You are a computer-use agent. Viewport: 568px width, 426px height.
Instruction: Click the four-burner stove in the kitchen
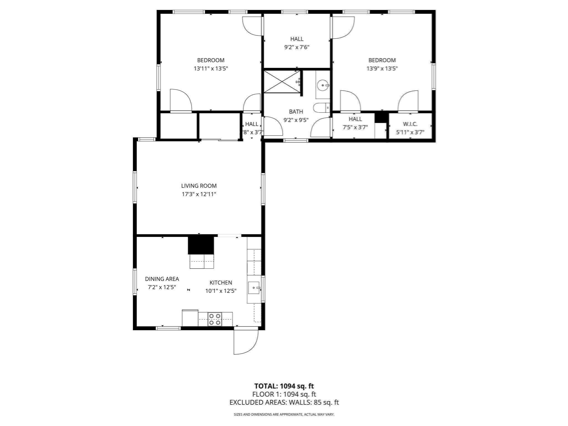pyautogui.click(x=215, y=319)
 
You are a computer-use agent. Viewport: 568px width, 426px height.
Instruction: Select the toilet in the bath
pyautogui.click(x=321, y=108)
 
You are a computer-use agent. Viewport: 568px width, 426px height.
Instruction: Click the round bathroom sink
pyautogui.click(x=323, y=85)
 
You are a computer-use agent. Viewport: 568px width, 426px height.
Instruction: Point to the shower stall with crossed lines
pyautogui.click(x=282, y=82)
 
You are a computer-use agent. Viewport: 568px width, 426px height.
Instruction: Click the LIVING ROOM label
pyautogui.click(x=199, y=186)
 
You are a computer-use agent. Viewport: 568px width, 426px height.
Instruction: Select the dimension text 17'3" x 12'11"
pyautogui.click(x=199, y=194)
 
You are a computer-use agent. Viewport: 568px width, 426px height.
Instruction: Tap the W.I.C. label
pyautogui.click(x=410, y=124)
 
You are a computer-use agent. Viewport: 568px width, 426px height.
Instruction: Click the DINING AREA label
pyautogui.click(x=162, y=279)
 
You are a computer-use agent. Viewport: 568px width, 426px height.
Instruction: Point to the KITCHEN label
pyautogui.click(x=221, y=283)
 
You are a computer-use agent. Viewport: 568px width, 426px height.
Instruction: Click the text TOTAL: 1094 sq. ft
pyautogui.click(x=284, y=386)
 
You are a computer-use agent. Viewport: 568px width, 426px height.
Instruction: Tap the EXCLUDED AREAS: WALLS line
pyautogui.click(x=284, y=402)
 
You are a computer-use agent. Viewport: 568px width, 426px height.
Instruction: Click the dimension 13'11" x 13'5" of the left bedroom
pyautogui.click(x=211, y=69)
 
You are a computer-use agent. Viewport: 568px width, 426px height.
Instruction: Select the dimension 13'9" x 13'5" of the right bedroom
pyautogui.click(x=382, y=69)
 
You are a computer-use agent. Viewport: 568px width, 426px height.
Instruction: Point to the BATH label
pyautogui.click(x=296, y=111)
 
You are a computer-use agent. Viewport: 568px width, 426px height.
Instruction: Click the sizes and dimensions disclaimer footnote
pyautogui.click(x=284, y=414)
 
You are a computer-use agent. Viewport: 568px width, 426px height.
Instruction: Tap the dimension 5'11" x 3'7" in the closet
pyautogui.click(x=410, y=132)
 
